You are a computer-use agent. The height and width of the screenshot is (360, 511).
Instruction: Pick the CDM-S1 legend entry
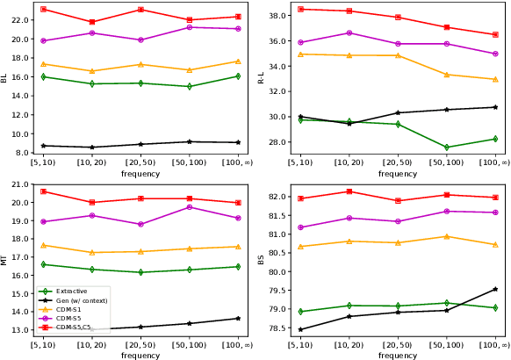68,309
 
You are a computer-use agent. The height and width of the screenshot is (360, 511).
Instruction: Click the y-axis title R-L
261,78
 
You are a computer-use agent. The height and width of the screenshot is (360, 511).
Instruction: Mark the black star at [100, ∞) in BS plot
495,289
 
